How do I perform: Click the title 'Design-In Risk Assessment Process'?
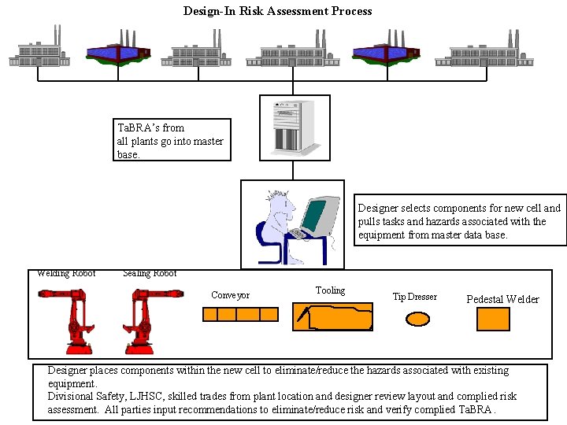[277, 11]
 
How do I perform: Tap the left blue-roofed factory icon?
[117, 50]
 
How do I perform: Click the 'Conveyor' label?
[230, 296]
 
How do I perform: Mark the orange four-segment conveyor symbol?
[240, 314]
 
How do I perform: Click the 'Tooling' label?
[330, 290]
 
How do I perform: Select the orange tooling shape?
[332, 316]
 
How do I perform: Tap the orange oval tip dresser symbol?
[417, 319]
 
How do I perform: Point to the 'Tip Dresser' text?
[414, 297]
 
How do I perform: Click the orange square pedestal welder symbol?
[494, 319]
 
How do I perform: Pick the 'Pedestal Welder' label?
[502, 299]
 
